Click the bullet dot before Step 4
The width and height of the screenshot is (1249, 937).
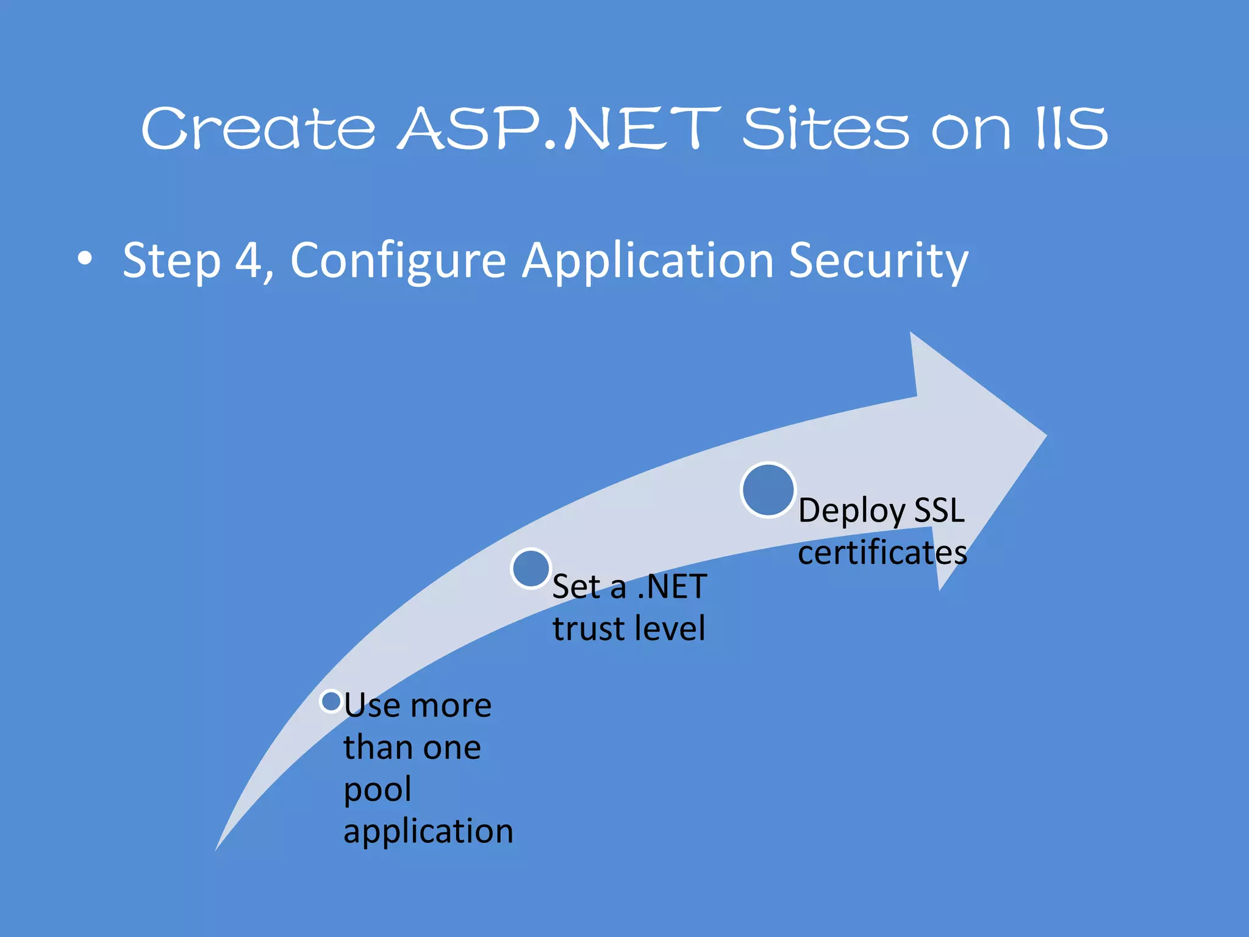pyautogui.click(x=85, y=259)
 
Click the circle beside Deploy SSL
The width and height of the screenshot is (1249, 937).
pyautogui.click(x=768, y=490)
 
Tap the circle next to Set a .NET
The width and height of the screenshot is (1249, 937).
pyautogui.click(x=531, y=569)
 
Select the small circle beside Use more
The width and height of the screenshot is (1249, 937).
pyautogui.click(x=331, y=702)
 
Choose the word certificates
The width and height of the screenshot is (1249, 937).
pyautogui.click(x=882, y=553)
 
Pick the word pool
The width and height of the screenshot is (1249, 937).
pyautogui.click(x=378, y=790)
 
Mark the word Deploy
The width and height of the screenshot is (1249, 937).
pyautogui.click(x=851, y=511)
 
